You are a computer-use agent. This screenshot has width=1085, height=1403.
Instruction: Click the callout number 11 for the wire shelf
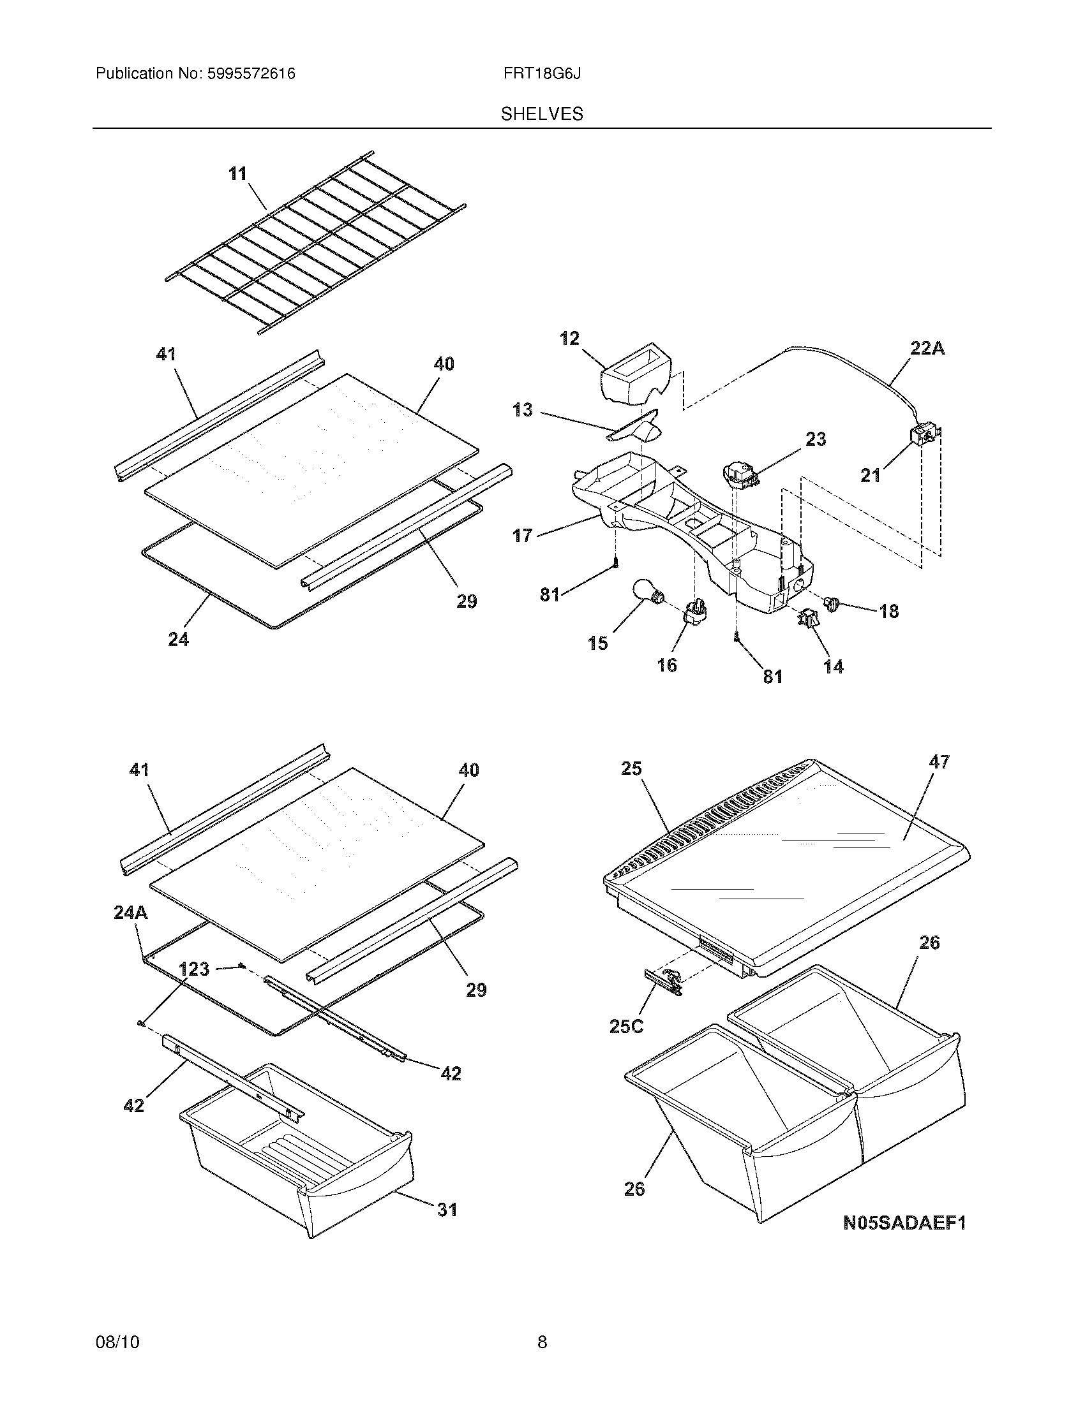[238, 174]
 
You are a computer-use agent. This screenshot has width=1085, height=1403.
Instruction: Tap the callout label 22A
[927, 349]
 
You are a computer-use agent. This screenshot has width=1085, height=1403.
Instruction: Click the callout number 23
[815, 439]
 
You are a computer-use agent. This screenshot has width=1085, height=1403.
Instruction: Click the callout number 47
[939, 763]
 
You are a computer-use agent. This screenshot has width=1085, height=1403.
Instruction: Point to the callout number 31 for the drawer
[447, 1210]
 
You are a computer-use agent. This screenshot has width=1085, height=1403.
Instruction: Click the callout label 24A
[130, 912]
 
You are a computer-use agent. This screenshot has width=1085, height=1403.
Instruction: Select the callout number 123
[194, 969]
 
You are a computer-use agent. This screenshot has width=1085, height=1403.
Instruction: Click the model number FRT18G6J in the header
[542, 74]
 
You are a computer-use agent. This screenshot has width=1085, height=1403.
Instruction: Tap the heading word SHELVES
[542, 114]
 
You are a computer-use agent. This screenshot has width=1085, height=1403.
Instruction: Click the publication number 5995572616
[251, 74]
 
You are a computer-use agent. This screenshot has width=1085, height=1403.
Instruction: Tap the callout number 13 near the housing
[523, 410]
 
